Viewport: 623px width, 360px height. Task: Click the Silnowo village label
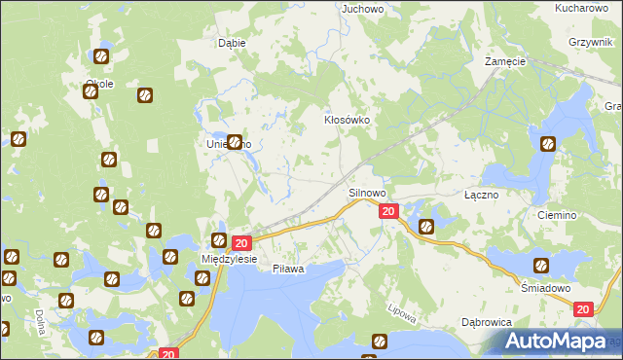368,194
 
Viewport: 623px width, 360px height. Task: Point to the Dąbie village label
232,43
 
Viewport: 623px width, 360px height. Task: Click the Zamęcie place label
505,61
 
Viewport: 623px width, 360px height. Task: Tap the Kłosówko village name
348,122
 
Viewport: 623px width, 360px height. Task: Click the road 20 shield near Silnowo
388,211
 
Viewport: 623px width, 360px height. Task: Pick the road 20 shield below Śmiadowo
583,308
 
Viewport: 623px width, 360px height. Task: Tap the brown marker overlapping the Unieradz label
235,141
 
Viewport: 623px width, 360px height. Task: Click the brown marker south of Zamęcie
548,145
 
